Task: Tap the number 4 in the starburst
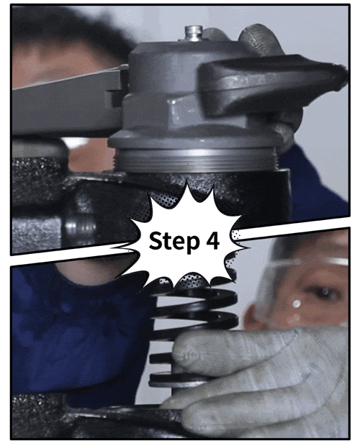212,240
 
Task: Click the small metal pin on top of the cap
194,33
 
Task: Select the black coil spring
194,327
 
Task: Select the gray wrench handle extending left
68,102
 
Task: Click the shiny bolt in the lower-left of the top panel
81,227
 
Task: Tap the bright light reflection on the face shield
296,304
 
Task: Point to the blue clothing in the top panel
316,182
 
